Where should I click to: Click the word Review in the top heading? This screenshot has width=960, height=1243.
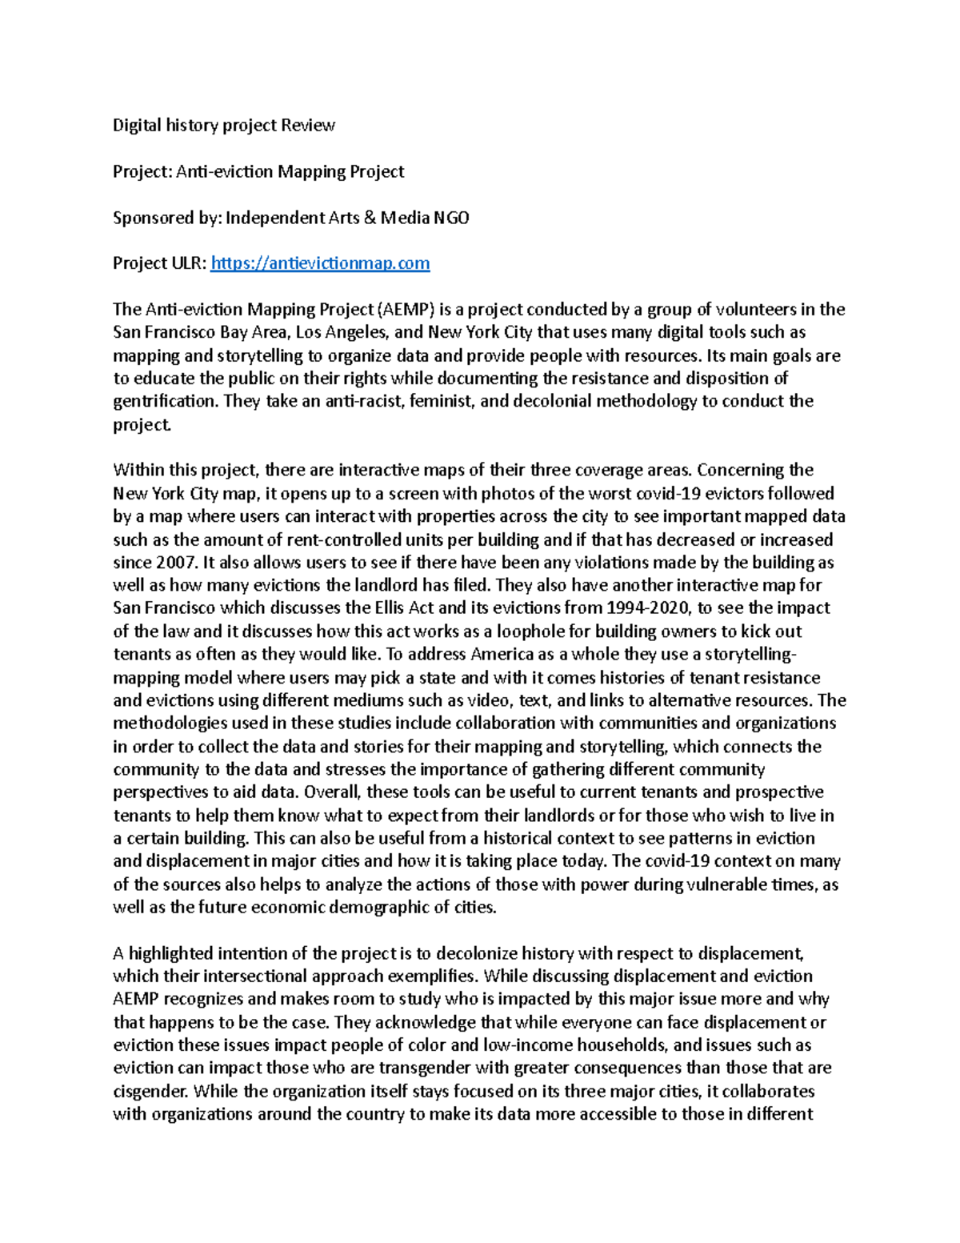point(307,126)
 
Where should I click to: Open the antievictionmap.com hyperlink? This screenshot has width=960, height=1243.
point(320,263)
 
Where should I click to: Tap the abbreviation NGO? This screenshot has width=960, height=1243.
point(451,218)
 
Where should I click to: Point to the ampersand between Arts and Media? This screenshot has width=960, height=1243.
point(370,218)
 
